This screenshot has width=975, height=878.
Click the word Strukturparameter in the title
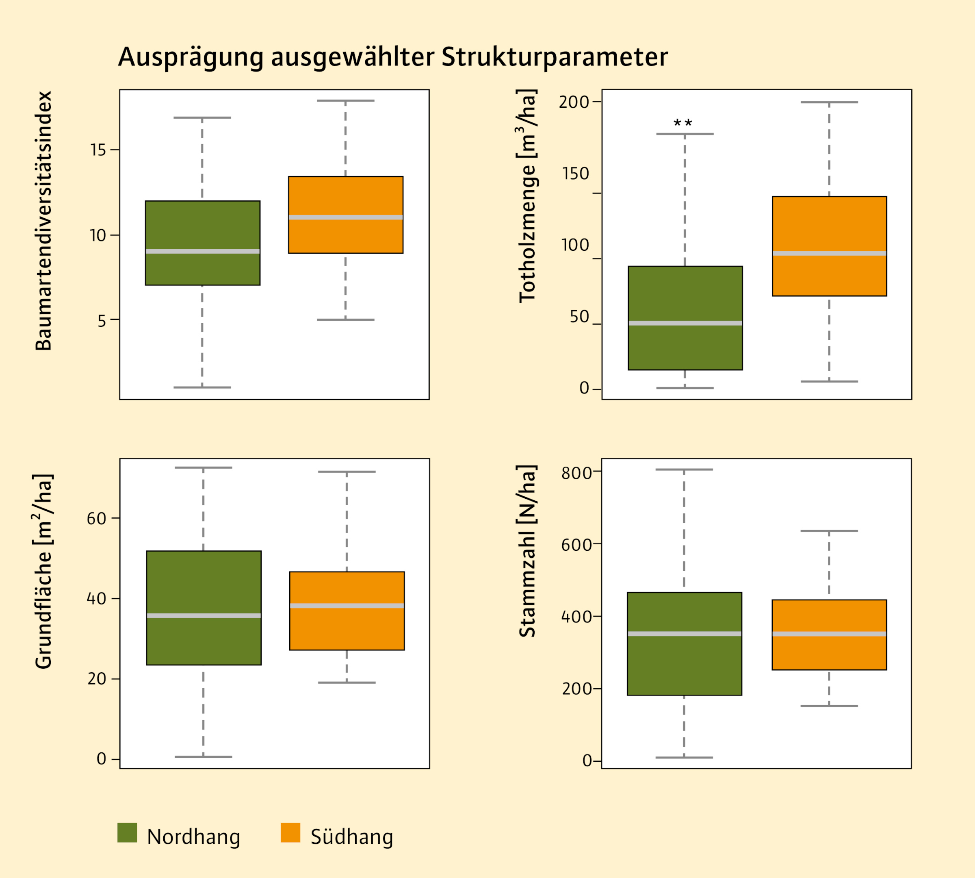point(555,57)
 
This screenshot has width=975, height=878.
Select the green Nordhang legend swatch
point(127,832)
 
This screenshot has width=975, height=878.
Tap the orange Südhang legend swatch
point(290,832)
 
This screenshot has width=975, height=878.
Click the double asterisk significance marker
point(683,124)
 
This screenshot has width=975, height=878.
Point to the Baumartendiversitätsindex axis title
point(44,220)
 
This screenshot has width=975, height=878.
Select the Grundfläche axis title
point(44,572)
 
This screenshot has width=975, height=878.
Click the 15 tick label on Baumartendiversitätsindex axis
point(98,150)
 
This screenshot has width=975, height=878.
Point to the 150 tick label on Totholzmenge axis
point(576,174)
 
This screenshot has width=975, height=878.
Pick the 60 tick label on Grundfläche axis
point(96,519)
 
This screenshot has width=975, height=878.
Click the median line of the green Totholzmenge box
point(685,323)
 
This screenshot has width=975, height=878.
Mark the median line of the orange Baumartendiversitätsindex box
point(346,217)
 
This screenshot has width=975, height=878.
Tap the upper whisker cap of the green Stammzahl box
point(684,469)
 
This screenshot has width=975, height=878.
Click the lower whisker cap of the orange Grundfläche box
point(347,682)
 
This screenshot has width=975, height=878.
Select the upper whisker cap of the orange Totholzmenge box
point(830,102)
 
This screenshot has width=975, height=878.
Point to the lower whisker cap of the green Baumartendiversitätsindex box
point(203,387)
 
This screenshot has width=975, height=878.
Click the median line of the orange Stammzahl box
point(830,634)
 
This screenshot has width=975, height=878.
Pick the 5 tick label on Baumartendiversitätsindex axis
point(101,321)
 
